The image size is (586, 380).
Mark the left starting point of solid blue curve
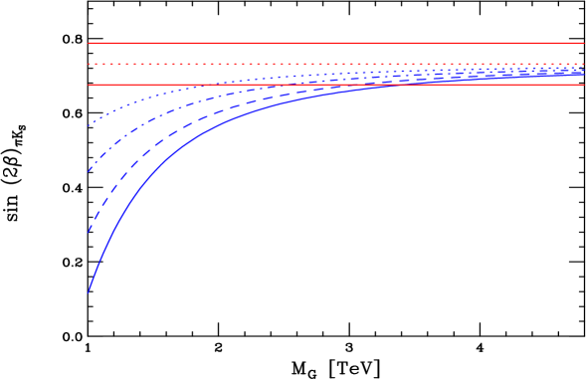(x=89, y=292)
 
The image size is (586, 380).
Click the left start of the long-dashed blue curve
(x=89, y=232)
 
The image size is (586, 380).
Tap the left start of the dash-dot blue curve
(x=89, y=171)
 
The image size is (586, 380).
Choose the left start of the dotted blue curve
(x=89, y=125)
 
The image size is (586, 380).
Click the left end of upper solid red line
(x=89, y=43)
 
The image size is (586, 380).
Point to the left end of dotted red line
(x=89, y=64)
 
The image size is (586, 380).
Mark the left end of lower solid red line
(x=89, y=85)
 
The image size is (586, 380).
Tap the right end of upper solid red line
(x=583, y=43)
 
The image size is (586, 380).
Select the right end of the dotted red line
(x=583, y=64)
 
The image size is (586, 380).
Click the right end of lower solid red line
(x=583, y=85)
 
